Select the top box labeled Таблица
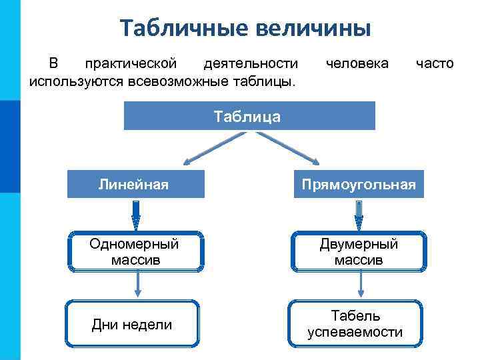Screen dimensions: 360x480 pyautogui.click(x=249, y=116)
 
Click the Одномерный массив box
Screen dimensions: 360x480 pyautogui.click(x=135, y=251)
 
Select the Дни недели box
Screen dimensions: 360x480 pyautogui.click(x=133, y=324)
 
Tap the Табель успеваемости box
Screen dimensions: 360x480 pyautogui.click(x=355, y=324)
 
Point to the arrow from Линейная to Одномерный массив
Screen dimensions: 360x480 pyautogui.click(x=136, y=214)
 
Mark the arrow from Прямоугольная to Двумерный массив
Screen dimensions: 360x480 pyautogui.click(x=358, y=214)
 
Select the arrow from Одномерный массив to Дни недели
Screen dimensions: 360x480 pyautogui.click(x=137, y=285)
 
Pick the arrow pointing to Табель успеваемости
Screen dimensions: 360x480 pyautogui.click(x=361, y=285)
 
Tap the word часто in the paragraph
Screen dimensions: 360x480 pyautogui.click(x=434, y=64)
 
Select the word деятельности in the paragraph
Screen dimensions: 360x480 pyautogui.click(x=251, y=64)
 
